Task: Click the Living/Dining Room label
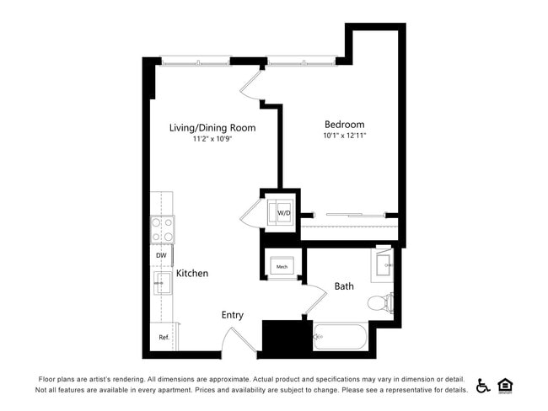pyautogui.click(x=212, y=128)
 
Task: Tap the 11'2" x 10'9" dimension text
pyautogui.click(x=212, y=139)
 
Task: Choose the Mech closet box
pyautogui.click(x=282, y=266)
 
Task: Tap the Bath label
pyautogui.click(x=344, y=286)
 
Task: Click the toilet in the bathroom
pyautogui.click(x=387, y=302)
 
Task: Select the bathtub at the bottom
pyautogui.click(x=341, y=339)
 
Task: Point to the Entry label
pyautogui.click(x=233, y=315)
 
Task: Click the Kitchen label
pyautogui.click(x=192, y=274)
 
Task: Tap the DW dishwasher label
pyautogui.click(x=161, y=255)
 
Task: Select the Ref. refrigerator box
pyautogui.click(x=163, y=337)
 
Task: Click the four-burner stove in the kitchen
pyautogui.click(x=163, y=229)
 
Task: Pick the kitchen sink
pyautogui.click(x=161, y=284)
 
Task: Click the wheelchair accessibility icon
pyautogui.click(x=483, y=386)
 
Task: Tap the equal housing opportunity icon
pyautogui.click(x=506, y=386)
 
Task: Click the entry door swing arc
pyautogui.click(x=234, y=339)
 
